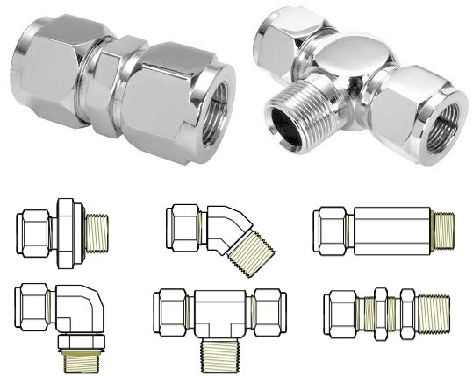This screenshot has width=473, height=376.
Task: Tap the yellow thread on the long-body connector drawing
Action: tap(446, 231)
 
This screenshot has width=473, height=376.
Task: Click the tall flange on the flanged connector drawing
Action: tap(67, 230)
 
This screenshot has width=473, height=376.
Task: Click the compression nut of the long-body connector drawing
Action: tap(332, 231)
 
